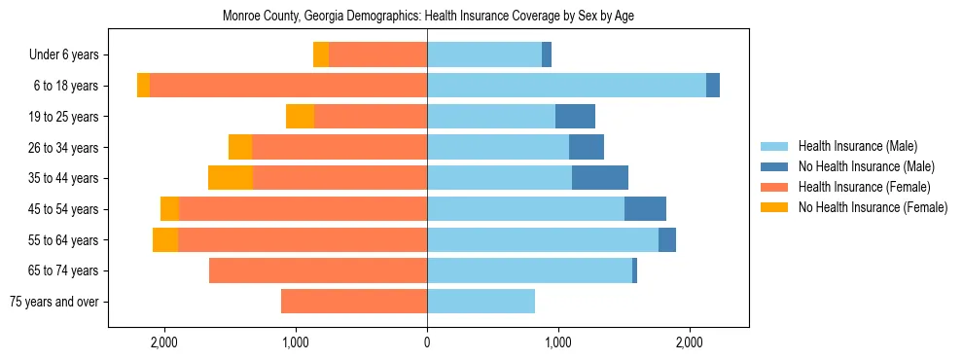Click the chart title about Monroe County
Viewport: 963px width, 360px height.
(428, 17)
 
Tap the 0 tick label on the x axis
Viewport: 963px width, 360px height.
(427, 342)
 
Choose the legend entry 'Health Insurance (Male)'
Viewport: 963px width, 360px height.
(857, 147)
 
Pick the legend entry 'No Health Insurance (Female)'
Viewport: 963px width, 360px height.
(873, 207)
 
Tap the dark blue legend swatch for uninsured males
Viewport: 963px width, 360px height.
(775, 167)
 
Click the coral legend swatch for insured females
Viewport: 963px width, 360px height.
(775, 187)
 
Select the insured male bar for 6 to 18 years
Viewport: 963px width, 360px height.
(566, 86)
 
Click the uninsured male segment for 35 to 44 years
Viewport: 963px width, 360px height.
(600, 178)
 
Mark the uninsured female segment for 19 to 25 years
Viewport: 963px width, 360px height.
(300, 117)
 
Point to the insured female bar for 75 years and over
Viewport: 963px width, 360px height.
(354, 302)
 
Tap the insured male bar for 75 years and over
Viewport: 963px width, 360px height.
(481, 302)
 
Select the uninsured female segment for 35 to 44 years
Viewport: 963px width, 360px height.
(231, 178)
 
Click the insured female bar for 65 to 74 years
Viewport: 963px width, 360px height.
(318, 270)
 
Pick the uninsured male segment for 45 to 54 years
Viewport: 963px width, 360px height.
(645, 209)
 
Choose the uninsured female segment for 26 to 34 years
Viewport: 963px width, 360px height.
(240, 147)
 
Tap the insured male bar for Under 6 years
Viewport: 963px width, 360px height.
(484, 55)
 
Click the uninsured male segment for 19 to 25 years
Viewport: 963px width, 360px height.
(575, 117)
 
